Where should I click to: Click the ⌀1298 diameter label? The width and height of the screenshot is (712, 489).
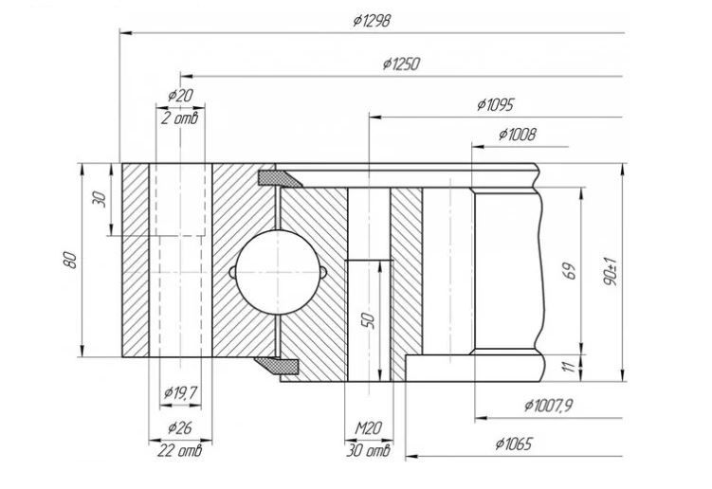372,21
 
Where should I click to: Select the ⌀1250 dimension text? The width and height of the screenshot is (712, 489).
401,64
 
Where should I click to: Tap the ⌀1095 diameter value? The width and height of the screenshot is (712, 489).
496,105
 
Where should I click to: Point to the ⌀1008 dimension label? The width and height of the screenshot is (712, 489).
518,135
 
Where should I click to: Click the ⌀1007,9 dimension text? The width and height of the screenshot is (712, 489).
548,405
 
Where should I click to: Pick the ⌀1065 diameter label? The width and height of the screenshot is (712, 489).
514,444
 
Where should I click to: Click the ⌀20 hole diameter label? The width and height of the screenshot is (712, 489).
180,96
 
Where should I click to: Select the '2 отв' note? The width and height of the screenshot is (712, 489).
180,118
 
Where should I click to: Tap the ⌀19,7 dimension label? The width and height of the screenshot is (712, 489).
180,392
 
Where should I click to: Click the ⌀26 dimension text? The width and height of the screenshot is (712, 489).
180,427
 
